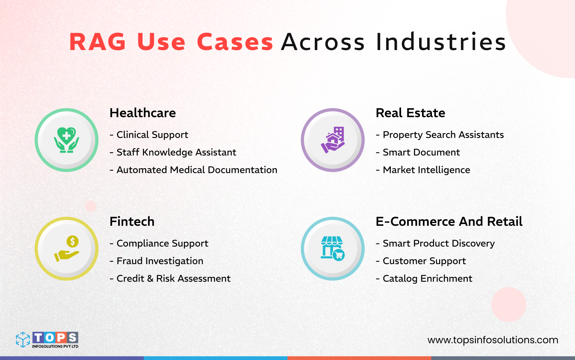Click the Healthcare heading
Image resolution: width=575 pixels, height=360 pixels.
tap(143, 113)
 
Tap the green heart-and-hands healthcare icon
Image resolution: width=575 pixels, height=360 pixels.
tap(66, 140)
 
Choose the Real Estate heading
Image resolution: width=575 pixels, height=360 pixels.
tap(410, 113)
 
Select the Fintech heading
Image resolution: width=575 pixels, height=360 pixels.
tap(132, 222)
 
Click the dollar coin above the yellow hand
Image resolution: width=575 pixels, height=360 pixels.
tap(72, 242)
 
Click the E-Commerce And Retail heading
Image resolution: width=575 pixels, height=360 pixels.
tap(449, 222)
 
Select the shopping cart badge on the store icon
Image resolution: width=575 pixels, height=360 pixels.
tap(339, 255)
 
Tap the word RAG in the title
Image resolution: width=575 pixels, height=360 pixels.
tap(98, 42)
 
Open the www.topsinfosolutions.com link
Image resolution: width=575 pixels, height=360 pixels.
tap(493, 340)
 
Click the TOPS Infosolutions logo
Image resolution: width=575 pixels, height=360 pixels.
tap(47, 340)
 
